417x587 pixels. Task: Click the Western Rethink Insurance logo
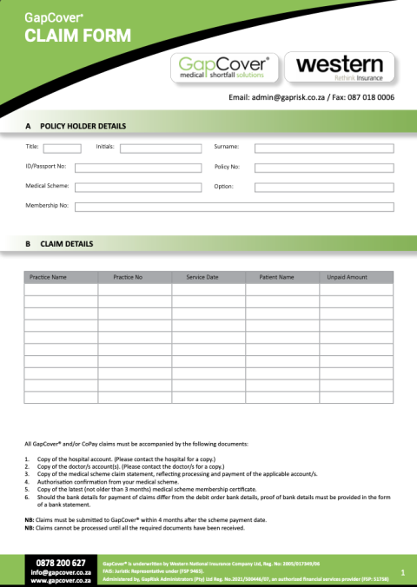click(339, 67)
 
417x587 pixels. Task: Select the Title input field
click(62, 148)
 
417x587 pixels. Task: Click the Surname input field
click(324, 148)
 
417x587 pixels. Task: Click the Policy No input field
click(324, 168)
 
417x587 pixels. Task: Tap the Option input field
click(324, 187)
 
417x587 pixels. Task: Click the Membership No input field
click(234, 207)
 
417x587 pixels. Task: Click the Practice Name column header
click(48, 277)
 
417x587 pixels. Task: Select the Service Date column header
click(202, 277)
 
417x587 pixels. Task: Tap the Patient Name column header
click(276, 277)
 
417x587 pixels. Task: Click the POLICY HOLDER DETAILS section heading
click(83, 127)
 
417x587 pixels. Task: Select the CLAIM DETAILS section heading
click(66, 244)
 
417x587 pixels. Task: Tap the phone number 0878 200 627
click(61, 563)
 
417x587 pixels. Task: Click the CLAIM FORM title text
click(66, 36)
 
